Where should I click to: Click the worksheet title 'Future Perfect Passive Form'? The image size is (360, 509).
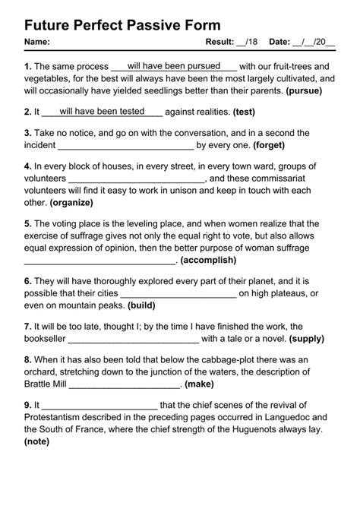pyautogui.click(x=123, y=25)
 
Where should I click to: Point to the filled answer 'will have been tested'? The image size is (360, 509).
pyautogui.click(x=102, y=111)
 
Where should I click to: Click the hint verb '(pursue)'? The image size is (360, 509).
pyautogui.click(x=304, y=90)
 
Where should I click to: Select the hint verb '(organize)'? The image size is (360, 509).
pyautogui.click(x=71, y=203)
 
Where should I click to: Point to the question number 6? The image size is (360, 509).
pyautogui.click(x=27, y=281)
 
